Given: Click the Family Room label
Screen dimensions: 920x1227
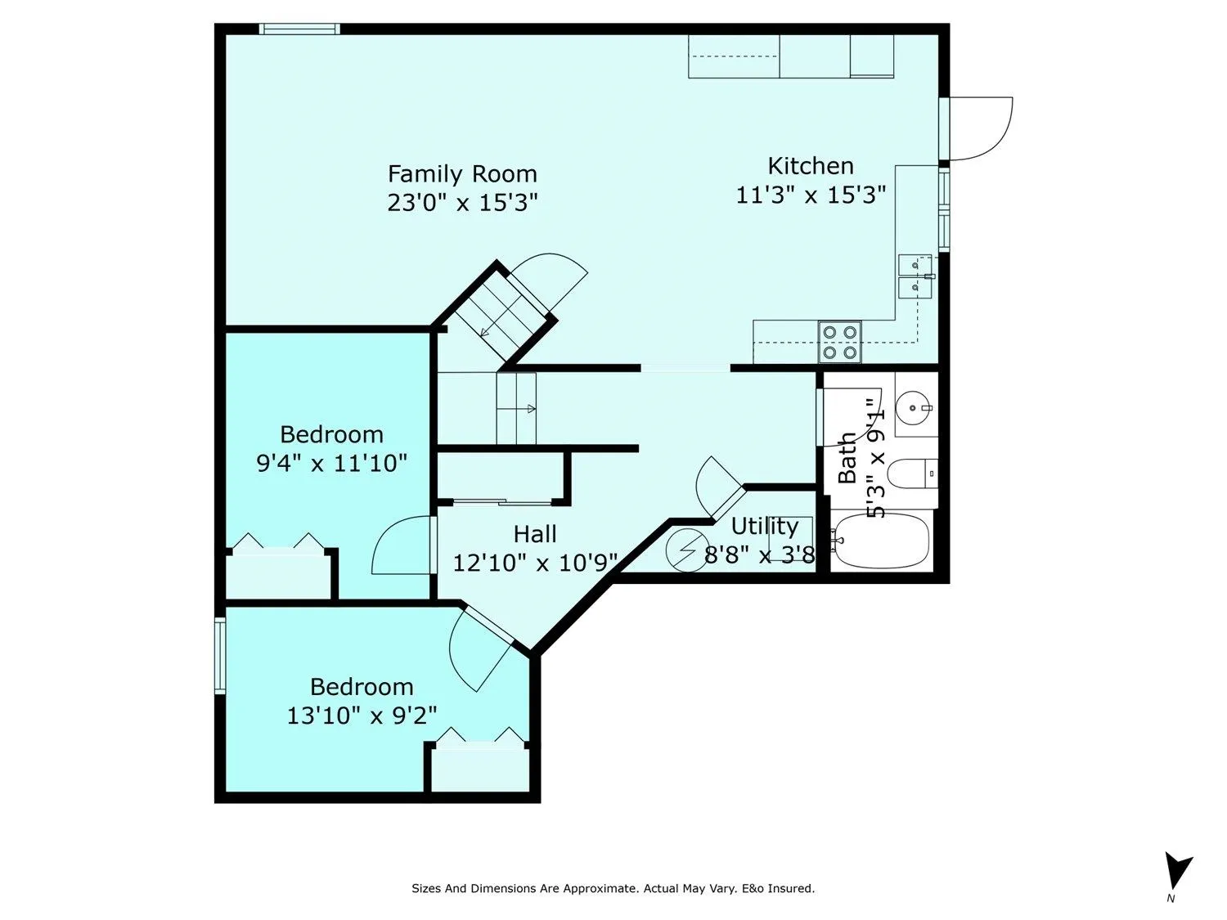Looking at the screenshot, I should (x=462, y=174).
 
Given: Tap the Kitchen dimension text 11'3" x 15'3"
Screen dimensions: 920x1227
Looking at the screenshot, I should (x=811, y=195).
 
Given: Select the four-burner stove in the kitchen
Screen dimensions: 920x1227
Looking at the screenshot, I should (x=840, y=342).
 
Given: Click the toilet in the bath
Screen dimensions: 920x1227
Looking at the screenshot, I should (x=912, y=473).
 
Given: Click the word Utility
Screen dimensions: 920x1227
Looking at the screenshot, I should (x=764, y=526).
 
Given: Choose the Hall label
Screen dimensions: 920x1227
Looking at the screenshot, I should (x=535, y=535).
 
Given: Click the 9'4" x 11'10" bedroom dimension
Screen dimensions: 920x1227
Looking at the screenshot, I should (x=331, y=464).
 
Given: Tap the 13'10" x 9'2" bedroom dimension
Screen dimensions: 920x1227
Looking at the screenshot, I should (x=361, y=716).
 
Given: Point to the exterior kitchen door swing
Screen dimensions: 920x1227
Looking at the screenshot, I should (x=980, y=128).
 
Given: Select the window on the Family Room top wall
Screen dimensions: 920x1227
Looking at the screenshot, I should (x=299, y=29).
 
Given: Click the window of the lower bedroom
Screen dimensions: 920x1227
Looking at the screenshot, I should (x=220, y=656).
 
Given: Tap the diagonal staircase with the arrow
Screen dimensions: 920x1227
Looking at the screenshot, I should (x=501, y=316).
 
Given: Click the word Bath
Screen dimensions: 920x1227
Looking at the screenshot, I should (x=847, y=458).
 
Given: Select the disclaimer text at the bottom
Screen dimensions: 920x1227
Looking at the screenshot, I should (x=613, y=888).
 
